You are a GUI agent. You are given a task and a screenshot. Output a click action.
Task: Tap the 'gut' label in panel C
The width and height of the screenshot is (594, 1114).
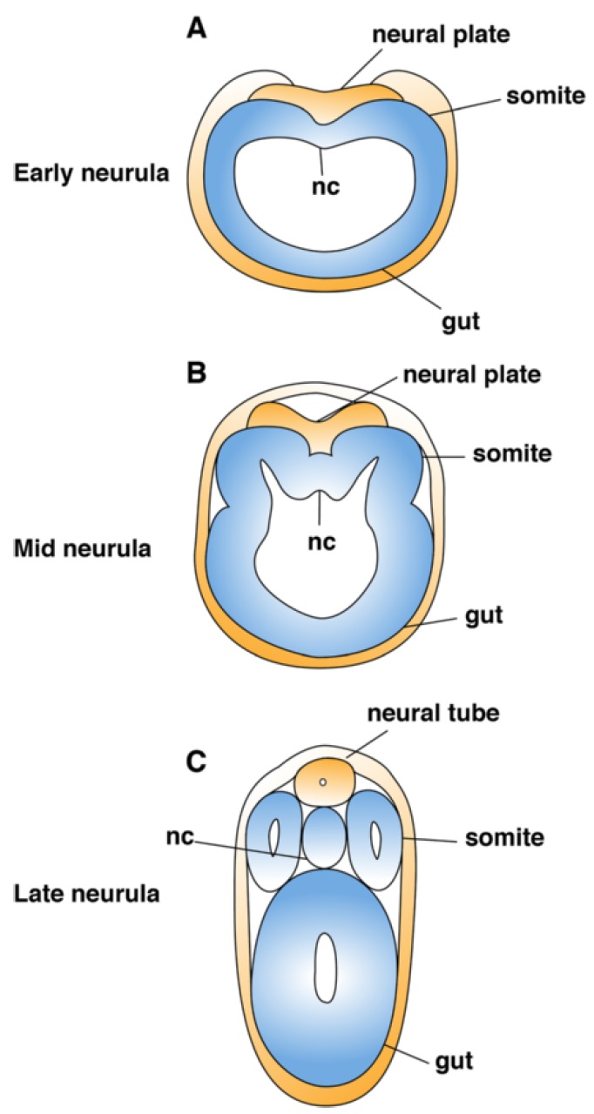coord(453,1061)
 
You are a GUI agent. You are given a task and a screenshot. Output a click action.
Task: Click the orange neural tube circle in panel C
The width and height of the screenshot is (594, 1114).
coord(323,782)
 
